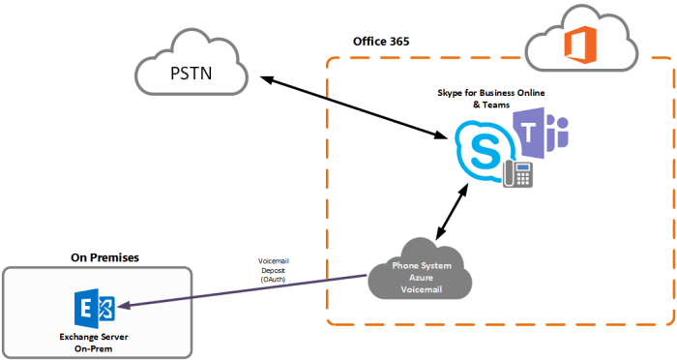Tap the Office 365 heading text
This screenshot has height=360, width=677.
pyautogui.click(x=386, y=45)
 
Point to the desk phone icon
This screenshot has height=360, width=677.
pyautogui.click(x=518, y=173)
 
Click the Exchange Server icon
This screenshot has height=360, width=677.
pyautogui.click(x=94, y=309)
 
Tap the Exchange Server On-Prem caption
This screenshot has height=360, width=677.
pyautogui.click(x=94, y=340)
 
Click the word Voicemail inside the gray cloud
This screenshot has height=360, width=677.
pyautogui.click(x=419, y=291)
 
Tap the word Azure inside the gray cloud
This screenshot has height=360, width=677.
pyautogui.click(x=419, y=279)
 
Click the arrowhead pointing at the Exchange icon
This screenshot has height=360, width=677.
pyautogui.click(x=126, y=307)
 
